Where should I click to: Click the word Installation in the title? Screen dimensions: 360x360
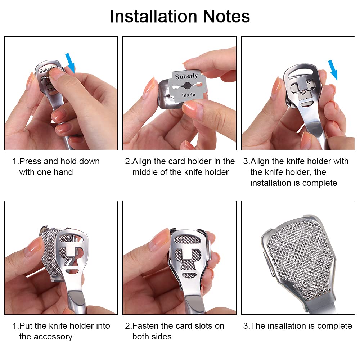[x=154, y=16]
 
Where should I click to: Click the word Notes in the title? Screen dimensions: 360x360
[x=226, y=16]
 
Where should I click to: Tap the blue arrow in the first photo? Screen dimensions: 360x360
[x=70, y=63]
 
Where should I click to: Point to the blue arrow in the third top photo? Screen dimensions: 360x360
[x=333, y=70]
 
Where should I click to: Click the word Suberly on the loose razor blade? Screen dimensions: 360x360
[x=186, y=76]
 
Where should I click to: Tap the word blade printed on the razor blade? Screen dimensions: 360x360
[x=189, y=95]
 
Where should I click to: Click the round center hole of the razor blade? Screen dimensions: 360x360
[x=187, y=86]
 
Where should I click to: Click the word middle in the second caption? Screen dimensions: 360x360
[x=145, y=172]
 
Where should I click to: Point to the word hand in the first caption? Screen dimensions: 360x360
[x=63, y=172]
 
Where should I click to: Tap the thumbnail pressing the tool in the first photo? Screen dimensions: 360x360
[x=55, y=73]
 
